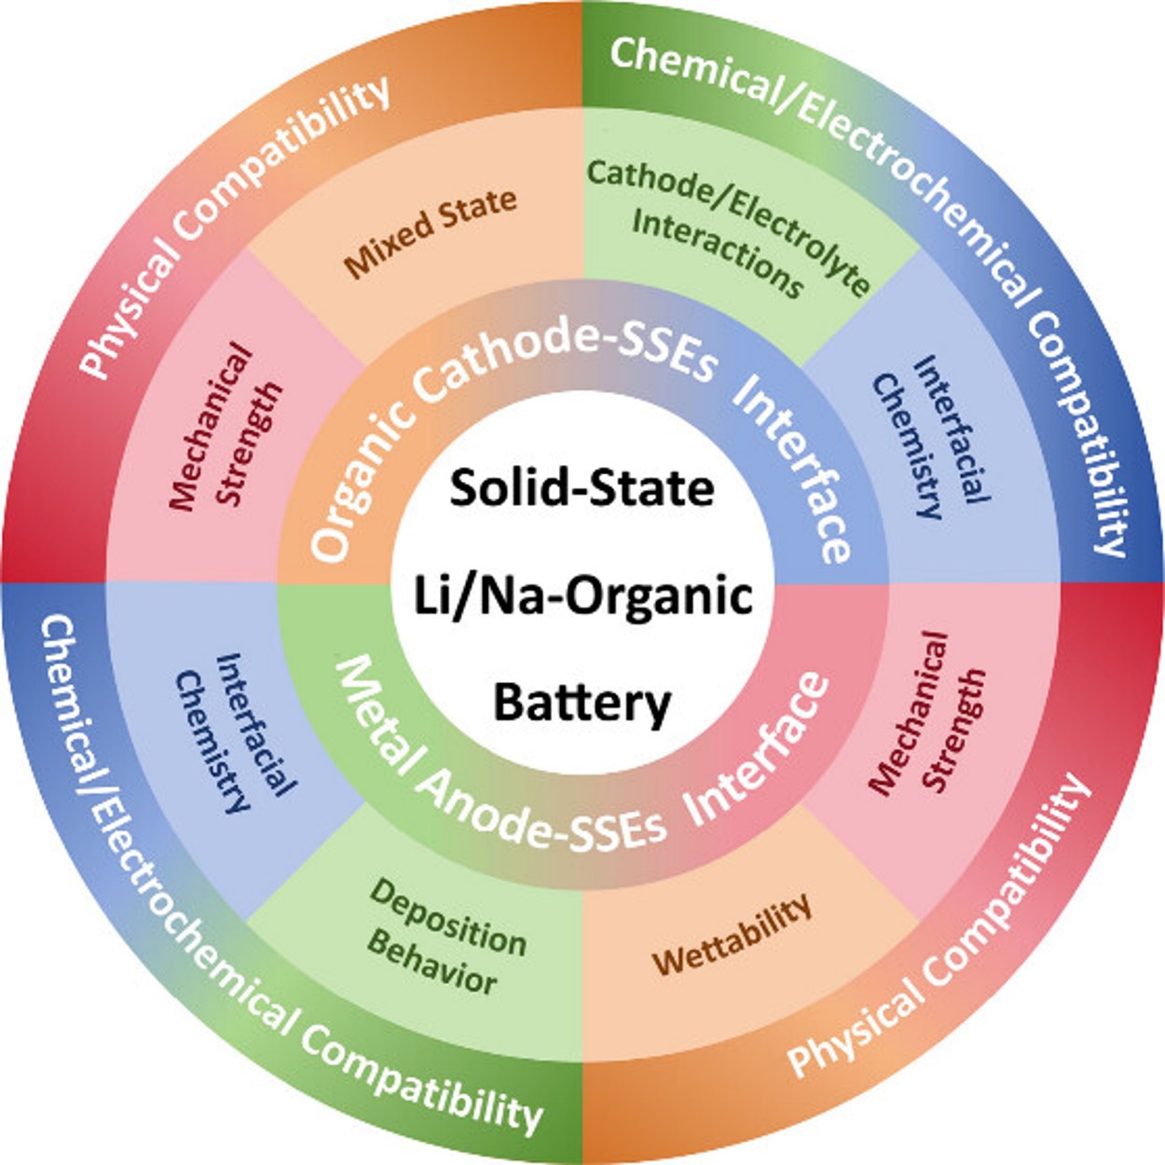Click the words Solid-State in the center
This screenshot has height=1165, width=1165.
click(582, 487)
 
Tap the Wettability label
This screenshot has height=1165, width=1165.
click(733, 936)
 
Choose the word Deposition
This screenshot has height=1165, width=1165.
click(448, 919)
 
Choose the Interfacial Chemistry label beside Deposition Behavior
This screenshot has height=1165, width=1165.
click(237, 733)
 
